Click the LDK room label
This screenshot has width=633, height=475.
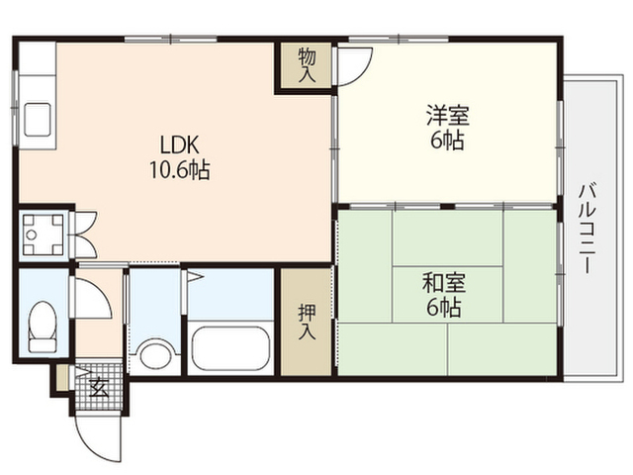(x=180, y=145)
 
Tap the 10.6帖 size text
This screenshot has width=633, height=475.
(x=180, y=169)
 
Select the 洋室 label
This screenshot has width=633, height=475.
(x=447, y=115)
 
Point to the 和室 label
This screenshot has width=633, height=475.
(x=444, y=283)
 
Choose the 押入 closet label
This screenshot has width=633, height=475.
(x=307, y=322)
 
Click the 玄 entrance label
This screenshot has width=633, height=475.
(x=98, y=389)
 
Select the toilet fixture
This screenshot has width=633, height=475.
(x=42, y=328)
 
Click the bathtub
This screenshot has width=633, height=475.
(x=230, y=348)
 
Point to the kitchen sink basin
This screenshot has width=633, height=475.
(x=38, y=120)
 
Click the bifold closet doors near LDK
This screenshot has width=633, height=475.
(x=85, y=235)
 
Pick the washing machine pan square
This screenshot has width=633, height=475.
(x=44, y=235)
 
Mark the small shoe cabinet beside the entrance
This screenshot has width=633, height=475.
(x=62, y=378)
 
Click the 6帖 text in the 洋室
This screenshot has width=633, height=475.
(x=447, y=141)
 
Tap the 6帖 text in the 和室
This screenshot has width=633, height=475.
(x=444, y=308)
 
